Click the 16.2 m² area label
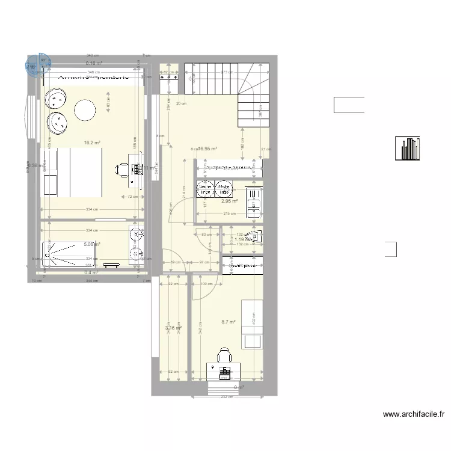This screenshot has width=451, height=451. tap(91, 143)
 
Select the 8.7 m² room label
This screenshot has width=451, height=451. tap(228, 322)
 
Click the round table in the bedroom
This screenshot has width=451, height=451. tap(85, 109)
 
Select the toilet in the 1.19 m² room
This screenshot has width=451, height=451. tap(256, 238)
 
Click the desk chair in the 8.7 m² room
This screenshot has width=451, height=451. tap(224, 355)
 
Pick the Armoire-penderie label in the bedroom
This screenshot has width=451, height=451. tap(93, 78)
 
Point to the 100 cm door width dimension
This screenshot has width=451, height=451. tap(206, 284)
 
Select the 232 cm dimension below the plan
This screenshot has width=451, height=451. tap(226, 396)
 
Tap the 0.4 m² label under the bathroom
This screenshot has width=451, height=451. tap(91, 272)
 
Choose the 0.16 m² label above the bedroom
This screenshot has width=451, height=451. tap(93, 63)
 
